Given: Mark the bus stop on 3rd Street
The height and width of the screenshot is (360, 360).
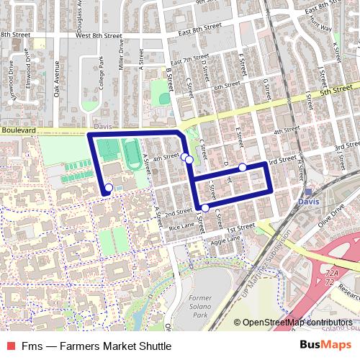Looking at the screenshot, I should [x=243, y=167].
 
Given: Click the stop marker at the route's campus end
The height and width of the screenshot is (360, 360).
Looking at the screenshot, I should [x=108, y=188].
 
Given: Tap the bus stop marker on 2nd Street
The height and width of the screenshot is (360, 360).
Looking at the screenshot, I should [x=205, y=208].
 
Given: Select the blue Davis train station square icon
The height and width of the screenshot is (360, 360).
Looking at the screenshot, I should [x=308, y=192].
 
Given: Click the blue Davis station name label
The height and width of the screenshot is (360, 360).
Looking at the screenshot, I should [x=308, y=202].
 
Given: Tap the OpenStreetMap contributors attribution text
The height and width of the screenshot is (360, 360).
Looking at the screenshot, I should [x=297, y=322].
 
